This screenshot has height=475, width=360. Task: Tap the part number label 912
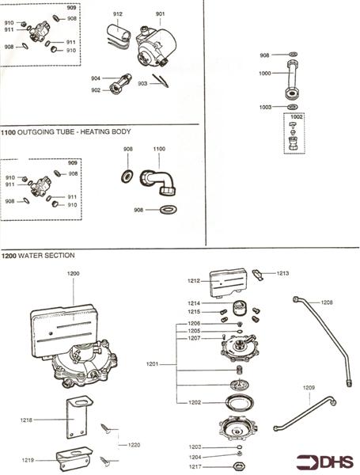pyautogui.click(x=117, y=14)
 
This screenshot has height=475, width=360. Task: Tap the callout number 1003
pyautogui.click(x=266, y=106)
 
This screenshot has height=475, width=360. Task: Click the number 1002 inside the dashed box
pyautogui.click(x=297, y=117)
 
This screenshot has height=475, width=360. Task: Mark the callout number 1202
pyautogui.click(x=194, y=402)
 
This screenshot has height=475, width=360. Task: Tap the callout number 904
pyautogui.click(x=95, y=78)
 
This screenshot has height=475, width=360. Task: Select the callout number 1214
pyautogui.click(x=194, y=303)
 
